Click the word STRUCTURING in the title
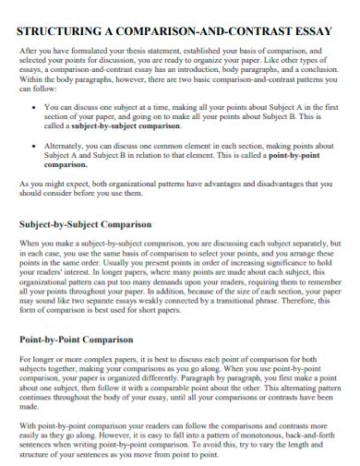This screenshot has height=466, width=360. pos(56,30)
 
